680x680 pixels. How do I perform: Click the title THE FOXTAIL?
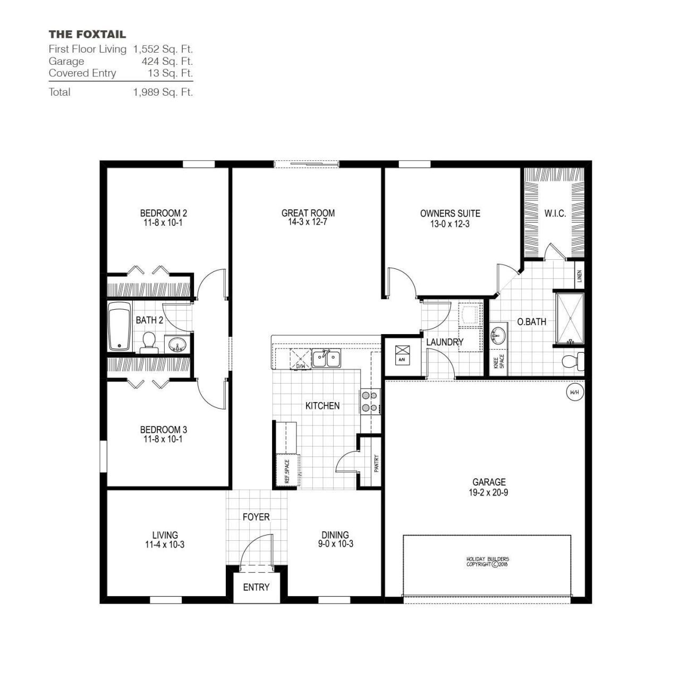point(87,35)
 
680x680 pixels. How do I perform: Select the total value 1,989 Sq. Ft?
point(163,92)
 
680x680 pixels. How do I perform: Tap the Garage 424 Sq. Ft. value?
point(171,61)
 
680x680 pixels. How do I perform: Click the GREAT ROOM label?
point(308,213)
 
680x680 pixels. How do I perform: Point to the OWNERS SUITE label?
point(449,214)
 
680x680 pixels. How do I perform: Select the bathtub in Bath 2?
point(120,327)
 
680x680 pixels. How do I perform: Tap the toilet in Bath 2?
point(148,342)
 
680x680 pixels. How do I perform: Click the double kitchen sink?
point(326,359)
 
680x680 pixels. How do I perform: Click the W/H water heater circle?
point(574,393)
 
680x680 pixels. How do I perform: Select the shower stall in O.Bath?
point(569,318)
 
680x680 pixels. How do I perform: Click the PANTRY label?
point(376,462)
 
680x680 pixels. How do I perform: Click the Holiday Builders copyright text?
point(487,562)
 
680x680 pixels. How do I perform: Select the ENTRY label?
point(256,587)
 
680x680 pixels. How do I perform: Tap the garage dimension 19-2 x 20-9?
point(489,492)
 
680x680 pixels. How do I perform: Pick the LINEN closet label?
point(580,276)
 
